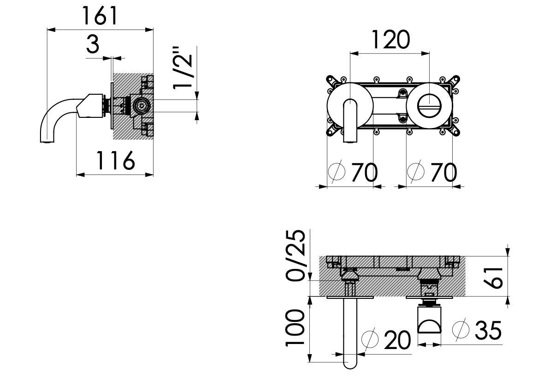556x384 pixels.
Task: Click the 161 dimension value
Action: coord(100,17)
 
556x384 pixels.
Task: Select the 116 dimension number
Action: coord(115,161)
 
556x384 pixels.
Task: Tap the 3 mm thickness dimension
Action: coord(93,45)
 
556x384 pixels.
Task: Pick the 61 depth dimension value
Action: coord(495,276)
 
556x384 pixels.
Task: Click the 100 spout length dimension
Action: coord(296,328)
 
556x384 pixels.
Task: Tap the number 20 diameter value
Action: coord(396,341)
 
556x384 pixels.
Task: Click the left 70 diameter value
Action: coord(364,173)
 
